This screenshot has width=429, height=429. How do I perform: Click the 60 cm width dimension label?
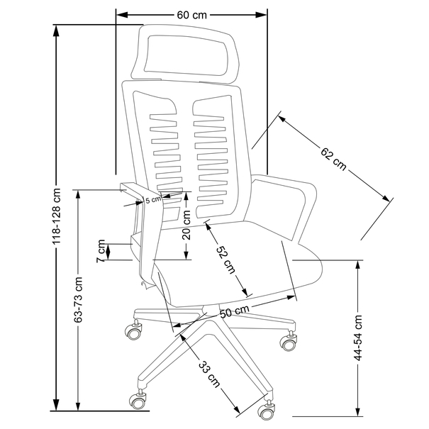click(191, 15)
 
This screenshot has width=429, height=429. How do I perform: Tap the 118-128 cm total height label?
click(57, 216)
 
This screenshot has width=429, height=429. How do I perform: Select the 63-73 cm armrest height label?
click(79, 299)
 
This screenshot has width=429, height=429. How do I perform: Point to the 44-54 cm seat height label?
click(358, 338)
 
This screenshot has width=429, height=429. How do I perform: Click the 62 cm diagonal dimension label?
click(333, 159)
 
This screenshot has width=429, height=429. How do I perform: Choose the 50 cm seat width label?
click(235, 311)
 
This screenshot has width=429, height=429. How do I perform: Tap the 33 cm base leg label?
click(209, 374)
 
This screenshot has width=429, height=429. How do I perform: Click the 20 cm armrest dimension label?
click(186, 225)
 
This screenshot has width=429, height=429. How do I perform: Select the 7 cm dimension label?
click(101, 251)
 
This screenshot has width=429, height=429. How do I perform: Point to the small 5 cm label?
click(153, 199)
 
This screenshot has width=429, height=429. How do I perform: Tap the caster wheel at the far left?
click(133, 331)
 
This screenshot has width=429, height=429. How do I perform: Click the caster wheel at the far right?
click(288, 342)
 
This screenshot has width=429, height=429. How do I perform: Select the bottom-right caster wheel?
click(266, 411)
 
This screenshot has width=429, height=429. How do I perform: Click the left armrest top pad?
click(132, 189)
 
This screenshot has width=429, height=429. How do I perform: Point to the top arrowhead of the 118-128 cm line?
click(56, 30)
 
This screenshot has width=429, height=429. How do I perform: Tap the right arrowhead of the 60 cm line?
click(260, 15)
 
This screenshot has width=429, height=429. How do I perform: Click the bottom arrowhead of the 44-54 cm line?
click(357, 411)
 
